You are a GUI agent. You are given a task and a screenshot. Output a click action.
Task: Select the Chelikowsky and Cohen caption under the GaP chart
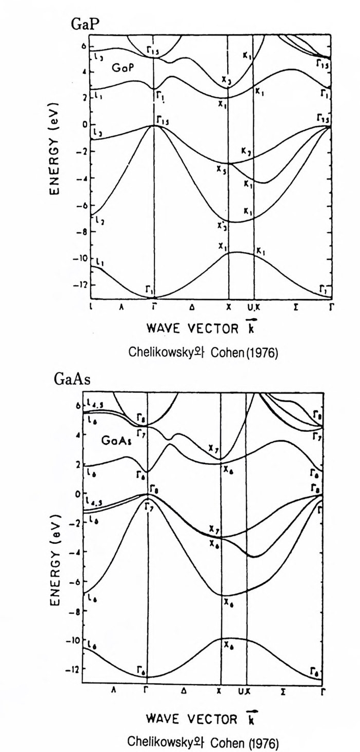click(196, 353)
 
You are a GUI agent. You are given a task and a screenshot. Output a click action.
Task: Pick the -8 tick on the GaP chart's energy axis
click(80, 231)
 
